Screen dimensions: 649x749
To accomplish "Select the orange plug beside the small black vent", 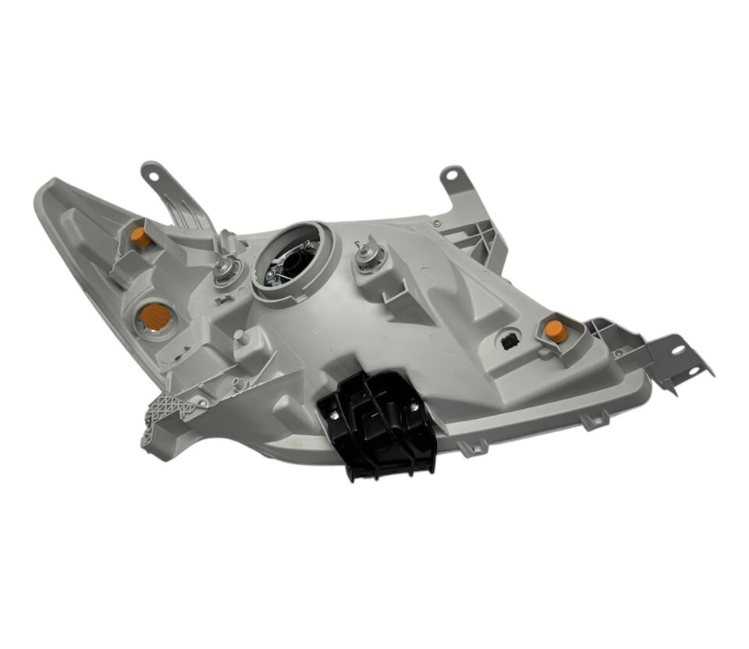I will (556, 329).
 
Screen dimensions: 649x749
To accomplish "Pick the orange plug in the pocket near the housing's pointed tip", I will (141, 237).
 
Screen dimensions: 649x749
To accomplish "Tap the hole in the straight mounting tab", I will (452, 180).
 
